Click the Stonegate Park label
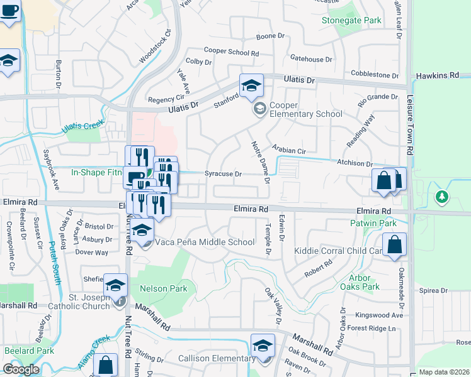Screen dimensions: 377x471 point(352,21)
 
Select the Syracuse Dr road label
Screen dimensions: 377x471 point(223,173)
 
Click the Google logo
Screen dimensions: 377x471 point(21,369)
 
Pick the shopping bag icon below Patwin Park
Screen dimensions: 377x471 point(394,245)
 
